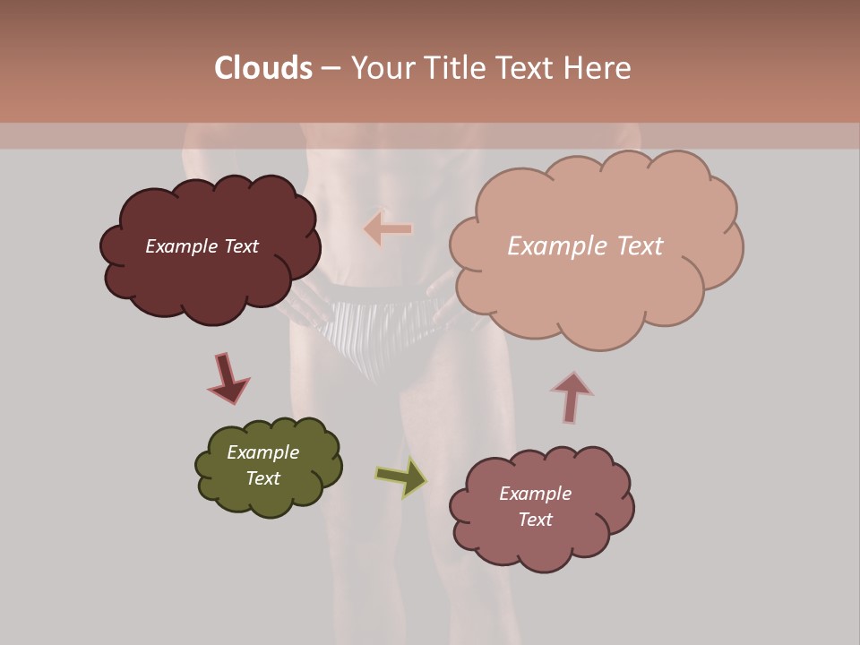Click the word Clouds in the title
263,68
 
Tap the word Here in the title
597,68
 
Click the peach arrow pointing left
388,228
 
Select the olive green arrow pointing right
401,477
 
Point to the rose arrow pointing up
572,396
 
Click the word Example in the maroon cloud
181,246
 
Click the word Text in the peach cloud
634,246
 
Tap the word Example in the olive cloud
263,452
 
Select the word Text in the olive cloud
263,478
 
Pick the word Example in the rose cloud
535,494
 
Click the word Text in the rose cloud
535,520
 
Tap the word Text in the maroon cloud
239,246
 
